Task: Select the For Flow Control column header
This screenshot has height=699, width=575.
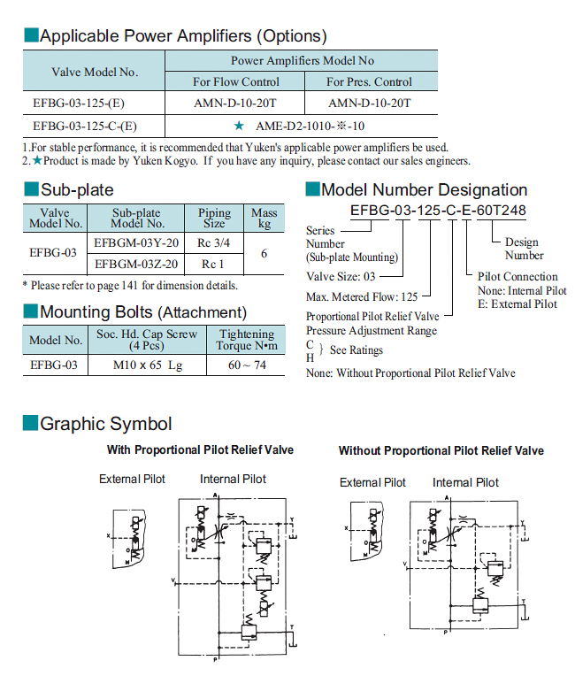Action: point(235,82)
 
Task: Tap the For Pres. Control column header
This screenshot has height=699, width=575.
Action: point(369,82)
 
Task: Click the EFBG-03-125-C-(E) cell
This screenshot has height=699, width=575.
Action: point(85,126)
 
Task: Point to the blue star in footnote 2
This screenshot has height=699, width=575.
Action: point(37,161)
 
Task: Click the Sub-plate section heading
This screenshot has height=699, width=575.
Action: point(76,189)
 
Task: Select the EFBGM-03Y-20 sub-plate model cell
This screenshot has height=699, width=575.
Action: point(136,242)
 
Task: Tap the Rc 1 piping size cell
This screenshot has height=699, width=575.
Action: point(214,264)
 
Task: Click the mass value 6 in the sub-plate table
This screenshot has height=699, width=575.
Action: point(264,253)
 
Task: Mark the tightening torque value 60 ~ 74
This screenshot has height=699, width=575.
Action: point(247,365)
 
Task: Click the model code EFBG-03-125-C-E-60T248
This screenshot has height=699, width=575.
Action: point(438,211)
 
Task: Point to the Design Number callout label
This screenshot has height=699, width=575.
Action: point(524,249)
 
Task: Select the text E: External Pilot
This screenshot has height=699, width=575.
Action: point(517,304)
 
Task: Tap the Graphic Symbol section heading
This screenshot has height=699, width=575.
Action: point(105,424)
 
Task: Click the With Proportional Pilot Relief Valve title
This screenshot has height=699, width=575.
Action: point(200,450)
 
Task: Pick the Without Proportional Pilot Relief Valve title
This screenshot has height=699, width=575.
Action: point(441,451)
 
